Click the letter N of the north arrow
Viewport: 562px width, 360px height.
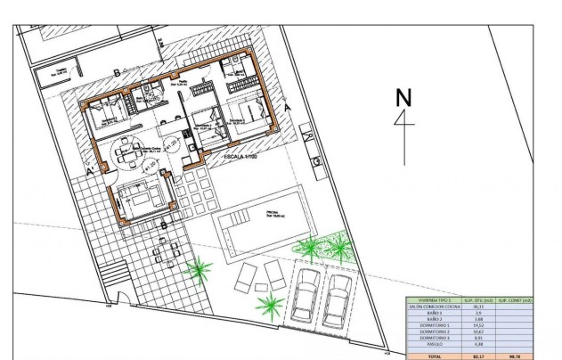pyautogui.click(x=405, y=97)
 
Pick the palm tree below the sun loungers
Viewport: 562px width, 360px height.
pyautogui.click(x=268, y=308)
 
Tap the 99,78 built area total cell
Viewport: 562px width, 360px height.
pyautogui.click(x=516, y=355)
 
